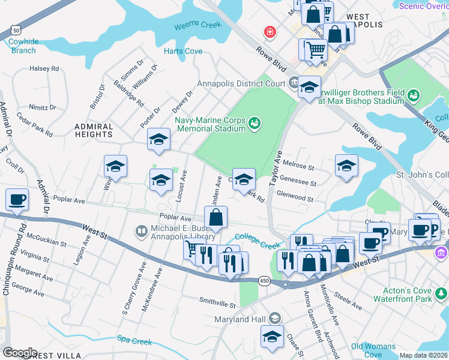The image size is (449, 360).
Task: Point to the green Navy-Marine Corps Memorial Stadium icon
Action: coord(255,124)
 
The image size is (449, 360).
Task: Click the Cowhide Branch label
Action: coord(23,46)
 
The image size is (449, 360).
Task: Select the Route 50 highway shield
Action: coord(16,29)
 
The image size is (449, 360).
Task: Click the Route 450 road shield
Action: coord(264,281)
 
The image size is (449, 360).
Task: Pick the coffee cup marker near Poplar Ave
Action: coord(17,200)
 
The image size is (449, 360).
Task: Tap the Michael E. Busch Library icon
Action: coord(142,230)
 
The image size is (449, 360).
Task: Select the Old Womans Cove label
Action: coord(374,350)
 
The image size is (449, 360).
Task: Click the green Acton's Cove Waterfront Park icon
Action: coord(441,294)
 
